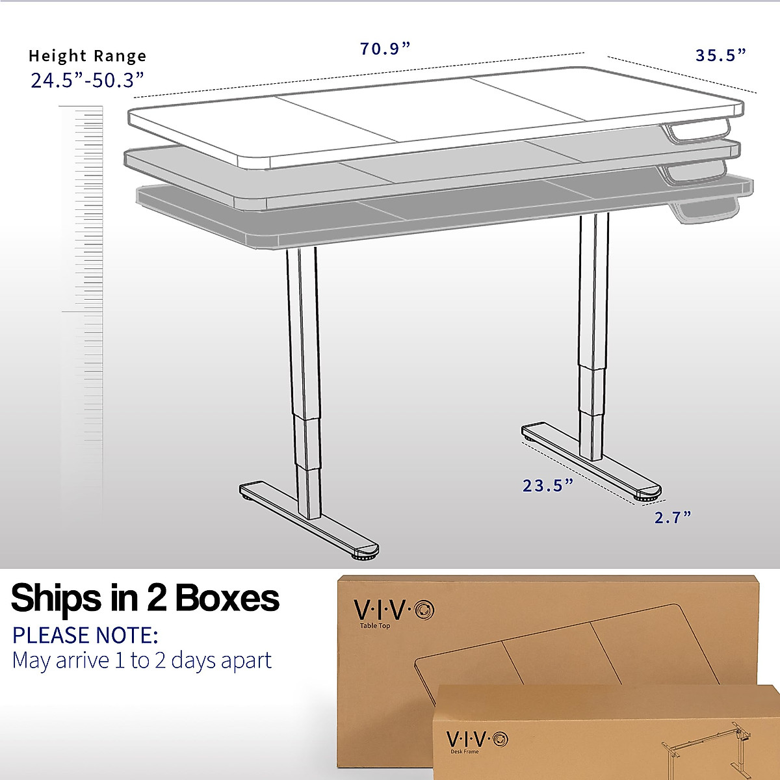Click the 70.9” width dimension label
pyautogui.click(x=385, y=49)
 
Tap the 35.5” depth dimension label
pyautogui.click(x=720, y=55)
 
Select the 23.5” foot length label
pyautogui.click(x=548, y=485)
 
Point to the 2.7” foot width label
pyautogui.click(x=672, y=517)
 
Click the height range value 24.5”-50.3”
pyautogui.click(x=87, y=80)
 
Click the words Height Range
pyautogui.click(x=88, y=56)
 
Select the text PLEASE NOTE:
pyautogui.click(x=85, y=634)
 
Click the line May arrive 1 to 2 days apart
pyautogui.click(x=142, y=660)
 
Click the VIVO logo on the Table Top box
pyautogui.click(x=394, y=609)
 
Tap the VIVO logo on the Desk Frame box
pyautogui.click(x=477, y=739)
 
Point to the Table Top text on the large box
pyautogui.click(x=375, y=626)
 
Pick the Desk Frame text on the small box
pyautogui.click(x=464, y=752)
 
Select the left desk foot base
pyautogui.click(x=309, y=520)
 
